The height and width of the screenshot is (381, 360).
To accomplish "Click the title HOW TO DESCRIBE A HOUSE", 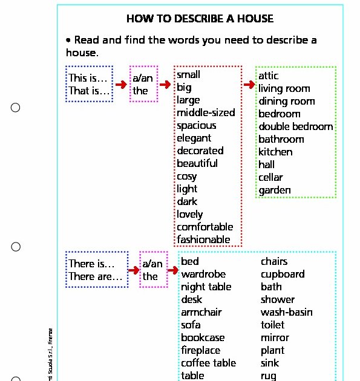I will tap(200, 19).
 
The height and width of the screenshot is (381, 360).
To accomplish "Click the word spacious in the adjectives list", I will tap(196, 125).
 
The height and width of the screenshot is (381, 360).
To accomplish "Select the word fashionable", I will tap(203, 239).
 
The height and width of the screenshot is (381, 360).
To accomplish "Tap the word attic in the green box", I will tap(268, 76).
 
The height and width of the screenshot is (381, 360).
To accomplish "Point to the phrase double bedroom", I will tap(295, 126).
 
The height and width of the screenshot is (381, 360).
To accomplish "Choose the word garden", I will tap(275, 190).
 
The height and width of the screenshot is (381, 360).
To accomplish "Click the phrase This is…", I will tap(88, 78).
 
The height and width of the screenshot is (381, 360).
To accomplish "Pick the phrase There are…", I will tap(96, 276).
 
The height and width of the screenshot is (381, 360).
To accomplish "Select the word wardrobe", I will tap(203, 274).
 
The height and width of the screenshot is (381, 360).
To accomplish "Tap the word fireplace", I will tap(200, 350).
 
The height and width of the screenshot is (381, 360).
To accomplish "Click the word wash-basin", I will tap(287, 312).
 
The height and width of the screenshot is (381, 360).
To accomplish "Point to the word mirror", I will tap(275, 337).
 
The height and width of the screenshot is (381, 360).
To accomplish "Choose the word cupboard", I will tap(283, 274).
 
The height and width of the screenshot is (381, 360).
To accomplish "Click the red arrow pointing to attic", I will tap(249, 84).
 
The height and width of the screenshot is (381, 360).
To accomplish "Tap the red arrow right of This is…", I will tap(122, 85).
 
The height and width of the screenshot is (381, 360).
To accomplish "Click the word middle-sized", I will tap(206, 112).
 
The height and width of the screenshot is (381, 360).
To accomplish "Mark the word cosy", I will tap(186, 176).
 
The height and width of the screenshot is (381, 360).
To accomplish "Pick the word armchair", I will tap(201, 312).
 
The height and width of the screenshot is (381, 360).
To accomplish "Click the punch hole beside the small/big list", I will tap(16, 108).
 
